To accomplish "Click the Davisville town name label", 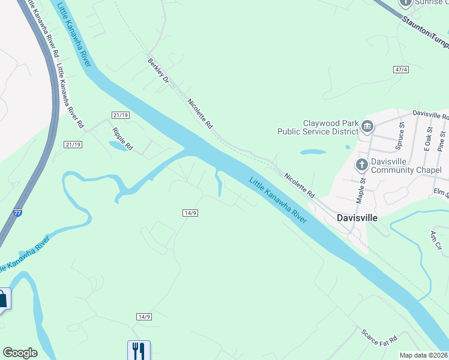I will [357, 218].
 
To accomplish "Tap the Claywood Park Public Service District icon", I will [367, 127].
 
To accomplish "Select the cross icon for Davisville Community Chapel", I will [361, 164].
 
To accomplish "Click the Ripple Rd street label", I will [122, 139].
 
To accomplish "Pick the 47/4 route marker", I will [401, 70].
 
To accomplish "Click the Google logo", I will [20, 353].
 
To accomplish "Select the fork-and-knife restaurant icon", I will [139, 350].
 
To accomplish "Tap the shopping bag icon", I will [3, 299].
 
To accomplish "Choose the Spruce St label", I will [398, 139].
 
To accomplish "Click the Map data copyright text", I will [424, 355].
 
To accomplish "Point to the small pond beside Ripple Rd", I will [118, 146].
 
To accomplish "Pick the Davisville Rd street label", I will [430, 114].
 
